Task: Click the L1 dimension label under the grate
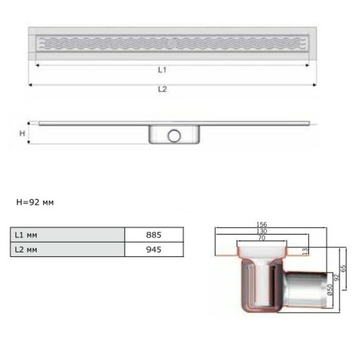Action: pyautogui.click(x=162, y=70)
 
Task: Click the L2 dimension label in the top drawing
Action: pyautogui.click(x=163, y=89)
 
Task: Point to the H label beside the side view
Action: pyautogui.click(x=22, y=133)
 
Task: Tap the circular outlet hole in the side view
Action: pyautogui.click(x=174, y=136)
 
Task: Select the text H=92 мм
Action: pyautogui.click(x=35, y=202)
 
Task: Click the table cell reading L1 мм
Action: pyautogui.click(x=67, y=235)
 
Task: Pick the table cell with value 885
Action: pyautogui.click(x=154, y=235)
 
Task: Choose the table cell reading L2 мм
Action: pyautogui.click(x=67, y=249)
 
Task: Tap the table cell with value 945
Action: pyautogui.click(x=154, y=249)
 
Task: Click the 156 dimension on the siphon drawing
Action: pyautogui.click(x=262, y=224)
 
